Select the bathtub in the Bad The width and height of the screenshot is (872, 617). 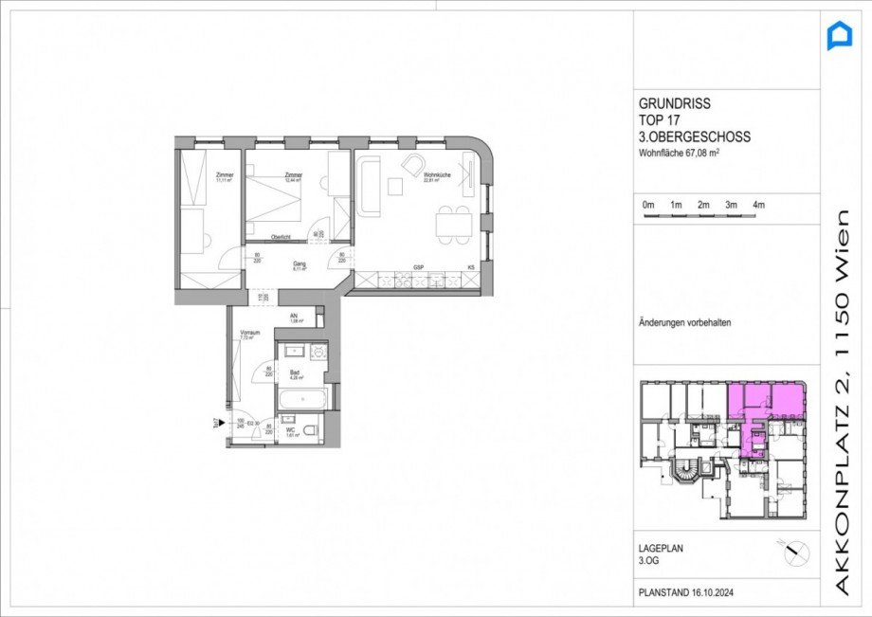301,397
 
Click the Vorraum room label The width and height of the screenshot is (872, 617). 249,335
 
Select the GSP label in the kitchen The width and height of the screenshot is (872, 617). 417,268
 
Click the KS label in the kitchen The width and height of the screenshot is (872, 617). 470,268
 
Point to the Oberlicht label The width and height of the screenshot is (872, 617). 281,237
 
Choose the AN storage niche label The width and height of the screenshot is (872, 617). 294,318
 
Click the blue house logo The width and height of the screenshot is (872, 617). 840,37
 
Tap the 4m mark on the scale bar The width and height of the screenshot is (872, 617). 758,205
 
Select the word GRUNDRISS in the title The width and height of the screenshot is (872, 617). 674,104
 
